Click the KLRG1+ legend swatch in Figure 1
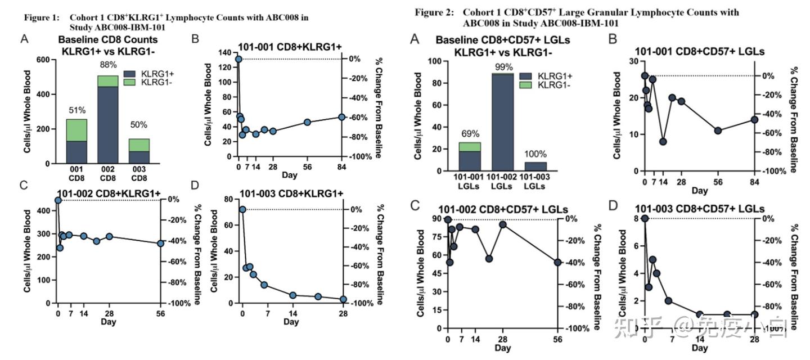[x=130, y=74]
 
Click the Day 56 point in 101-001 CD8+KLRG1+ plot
[x=307, y=122]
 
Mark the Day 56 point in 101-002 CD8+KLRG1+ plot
[x=161, y=244]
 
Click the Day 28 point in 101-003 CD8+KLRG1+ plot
[x=343, y=299]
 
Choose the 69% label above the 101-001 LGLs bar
[x=470, y=134]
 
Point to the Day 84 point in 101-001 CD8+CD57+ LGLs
[x=755, y=120]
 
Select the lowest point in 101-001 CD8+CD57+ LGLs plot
[x=663, y=142]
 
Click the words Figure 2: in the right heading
[x=434, y=12]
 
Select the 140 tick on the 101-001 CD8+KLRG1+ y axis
[x=225, y=52]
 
